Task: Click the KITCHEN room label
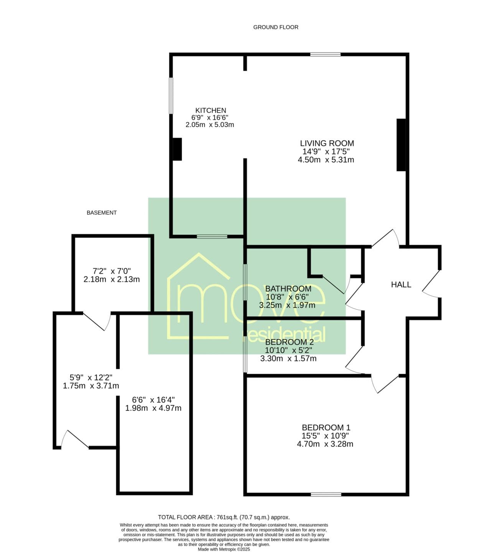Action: [211, 110]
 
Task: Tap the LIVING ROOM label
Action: [327, 143]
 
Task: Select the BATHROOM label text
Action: [288, 289]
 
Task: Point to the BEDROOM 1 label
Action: [326, 427]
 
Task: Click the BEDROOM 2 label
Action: [289, 342]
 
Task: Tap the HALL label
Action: [401, 285]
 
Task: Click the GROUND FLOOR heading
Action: [276, 27]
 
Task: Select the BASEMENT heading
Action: [102, 213]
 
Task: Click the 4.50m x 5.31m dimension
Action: [326, 160]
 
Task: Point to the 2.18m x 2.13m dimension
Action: [112, 279]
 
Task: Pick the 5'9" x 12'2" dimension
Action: [91, 378]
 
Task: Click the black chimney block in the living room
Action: [401, 145]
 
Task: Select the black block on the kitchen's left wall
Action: [177, 149]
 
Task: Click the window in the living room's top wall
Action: [326, 54]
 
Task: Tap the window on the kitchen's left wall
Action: [171, 95]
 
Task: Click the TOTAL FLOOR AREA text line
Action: [224, 517]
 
